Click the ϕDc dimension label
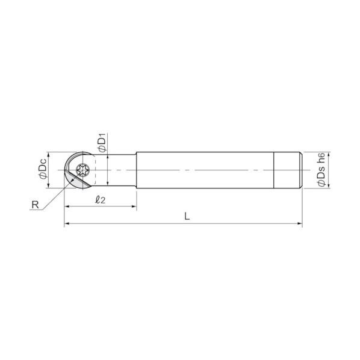(43, 169)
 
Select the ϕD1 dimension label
(102, 142)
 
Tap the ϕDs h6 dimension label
(321, 169)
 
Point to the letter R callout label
(35, 205)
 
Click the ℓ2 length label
(100, 199)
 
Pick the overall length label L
(187, 216)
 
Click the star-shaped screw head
(83, 170)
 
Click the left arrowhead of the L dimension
(67, 223)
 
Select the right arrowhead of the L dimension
(300, 223)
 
